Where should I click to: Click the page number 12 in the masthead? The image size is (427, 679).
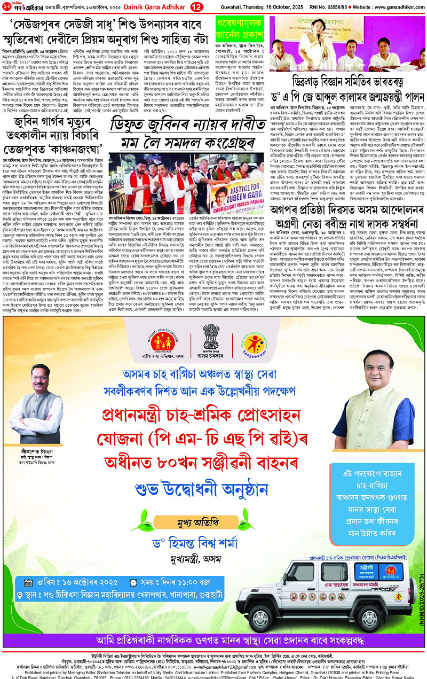pos(197,6)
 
